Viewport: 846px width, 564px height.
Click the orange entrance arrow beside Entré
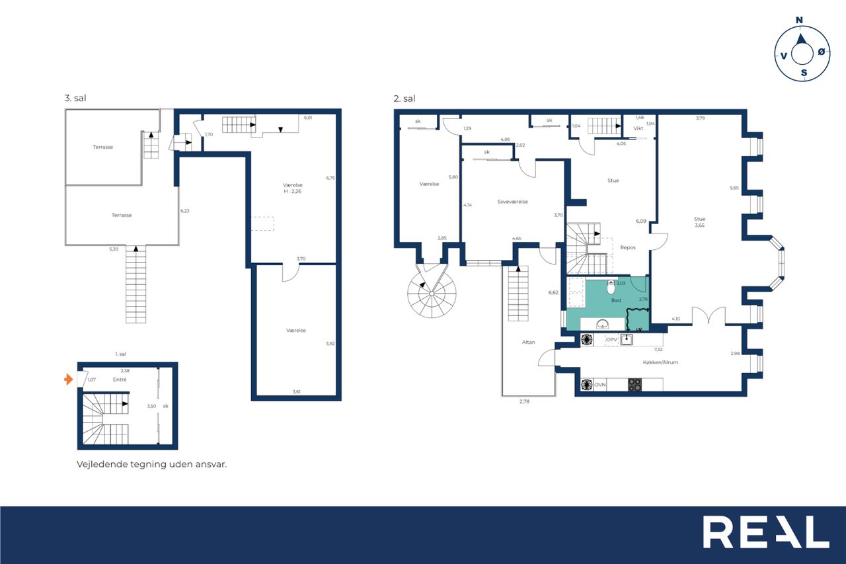[68, 379]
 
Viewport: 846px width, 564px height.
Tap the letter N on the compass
[799, 20]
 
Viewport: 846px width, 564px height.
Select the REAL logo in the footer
[766, 532]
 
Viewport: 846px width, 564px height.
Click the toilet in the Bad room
[611, 287]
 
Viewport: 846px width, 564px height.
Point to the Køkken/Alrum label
[660, 362]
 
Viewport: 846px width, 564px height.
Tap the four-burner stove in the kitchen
[635, 385]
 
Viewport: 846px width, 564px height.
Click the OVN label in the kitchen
[599, 385]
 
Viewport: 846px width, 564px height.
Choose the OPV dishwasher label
[611, 340]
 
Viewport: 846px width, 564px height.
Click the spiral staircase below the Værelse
[432, 293]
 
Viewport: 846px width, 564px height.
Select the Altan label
[528, 342]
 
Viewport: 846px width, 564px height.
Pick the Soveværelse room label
[512, 202]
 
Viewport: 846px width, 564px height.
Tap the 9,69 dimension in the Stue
[734, 188]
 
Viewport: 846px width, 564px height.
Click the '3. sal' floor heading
[75, 99]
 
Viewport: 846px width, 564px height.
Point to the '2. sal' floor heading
[404, 99]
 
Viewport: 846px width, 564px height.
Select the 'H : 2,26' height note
[293, 192]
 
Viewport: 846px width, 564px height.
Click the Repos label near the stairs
[628, 248]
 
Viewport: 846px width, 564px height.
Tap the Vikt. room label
[638, 128]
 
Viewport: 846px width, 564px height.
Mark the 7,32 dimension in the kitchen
[658, 349]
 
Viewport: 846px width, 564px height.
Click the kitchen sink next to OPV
[627, 339]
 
